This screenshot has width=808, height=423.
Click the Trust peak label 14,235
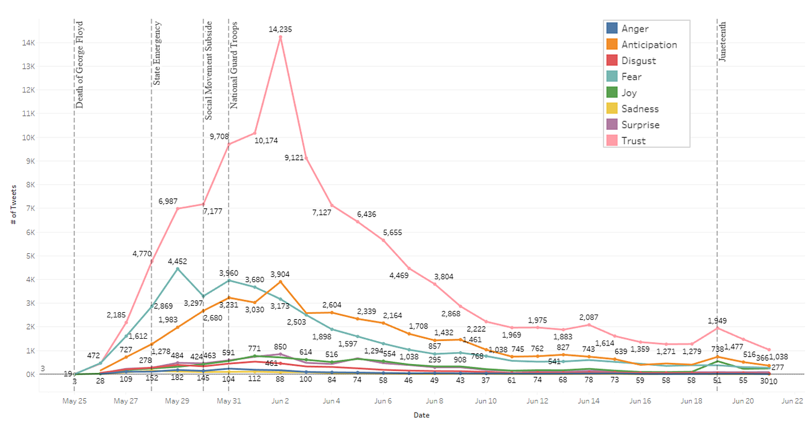click(x=280, y=29)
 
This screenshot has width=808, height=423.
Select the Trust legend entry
click(x=633, y=141)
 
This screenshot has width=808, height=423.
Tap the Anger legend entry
click(x=634, y=28)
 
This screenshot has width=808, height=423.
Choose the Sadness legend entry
click(x=639, y=108)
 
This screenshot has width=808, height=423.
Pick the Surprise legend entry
click(x=640, y=125)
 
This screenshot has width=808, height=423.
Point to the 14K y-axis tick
click(x=28, y=43)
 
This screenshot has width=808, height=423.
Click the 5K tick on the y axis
click(x=30, y=256)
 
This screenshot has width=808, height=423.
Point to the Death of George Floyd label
click(x=80, y=65)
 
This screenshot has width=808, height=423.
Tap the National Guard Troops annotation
click(x=234, y=65)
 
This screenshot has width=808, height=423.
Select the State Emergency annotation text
click(x=157, y=53)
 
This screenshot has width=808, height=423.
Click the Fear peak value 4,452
click(x=177, y=261)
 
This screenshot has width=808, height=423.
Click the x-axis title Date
click(x=421, y=415)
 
